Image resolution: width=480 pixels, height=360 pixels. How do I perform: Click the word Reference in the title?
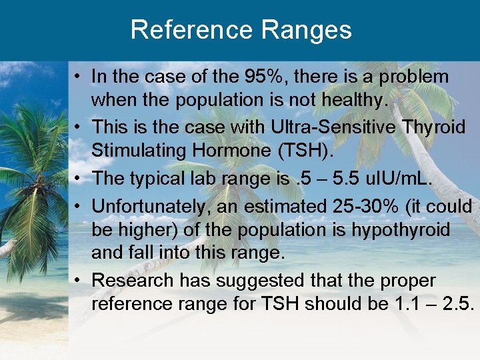pos(190,30)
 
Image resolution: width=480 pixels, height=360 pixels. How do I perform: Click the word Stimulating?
pos(134,151)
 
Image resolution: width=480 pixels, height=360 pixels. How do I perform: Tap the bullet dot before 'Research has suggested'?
pos(78,281)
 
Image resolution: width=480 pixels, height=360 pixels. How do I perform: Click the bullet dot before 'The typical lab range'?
pos(78,179)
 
